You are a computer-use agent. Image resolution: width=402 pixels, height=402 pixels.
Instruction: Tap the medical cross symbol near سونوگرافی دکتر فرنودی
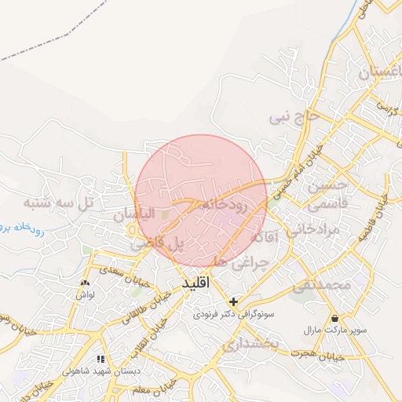[233, 301]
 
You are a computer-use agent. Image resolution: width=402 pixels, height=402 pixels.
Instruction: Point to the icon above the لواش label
[85, 282]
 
